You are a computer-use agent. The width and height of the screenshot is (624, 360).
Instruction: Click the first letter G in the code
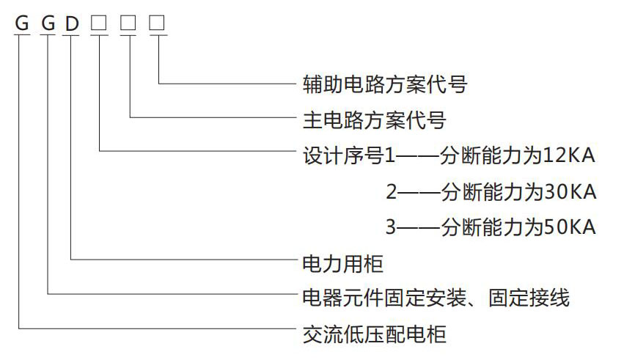coord(22,23)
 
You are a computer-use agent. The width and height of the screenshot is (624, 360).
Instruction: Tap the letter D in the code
coord(72,23)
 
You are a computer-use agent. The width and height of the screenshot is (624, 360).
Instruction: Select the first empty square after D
coord(98,23)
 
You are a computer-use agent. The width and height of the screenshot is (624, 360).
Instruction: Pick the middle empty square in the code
coord(128,23)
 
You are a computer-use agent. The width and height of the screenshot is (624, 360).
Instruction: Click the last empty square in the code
coord(158,23)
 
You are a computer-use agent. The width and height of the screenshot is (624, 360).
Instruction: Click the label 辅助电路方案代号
coord(384,84)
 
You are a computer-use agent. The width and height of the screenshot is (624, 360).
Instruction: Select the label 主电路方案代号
coord(374,119)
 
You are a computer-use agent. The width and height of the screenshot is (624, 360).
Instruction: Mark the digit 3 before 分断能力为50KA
coord(392,227)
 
